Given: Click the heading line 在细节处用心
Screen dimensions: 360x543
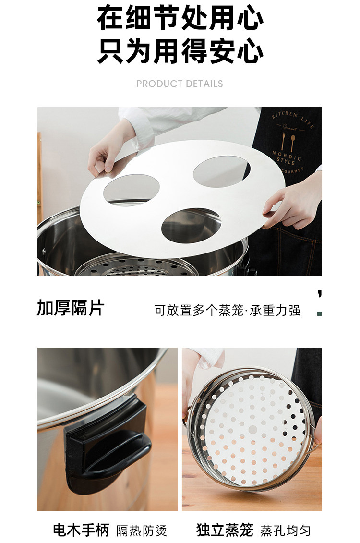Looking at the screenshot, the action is [180, 18].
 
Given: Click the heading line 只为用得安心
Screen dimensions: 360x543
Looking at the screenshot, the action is [180, 51].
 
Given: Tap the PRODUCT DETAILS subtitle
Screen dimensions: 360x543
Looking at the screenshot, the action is [180, 84].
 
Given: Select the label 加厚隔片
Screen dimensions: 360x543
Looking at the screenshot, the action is [71, 308].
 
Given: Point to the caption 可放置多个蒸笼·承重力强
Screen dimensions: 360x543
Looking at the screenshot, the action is [228, 310].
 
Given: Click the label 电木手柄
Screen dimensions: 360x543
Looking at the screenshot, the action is [81, 530].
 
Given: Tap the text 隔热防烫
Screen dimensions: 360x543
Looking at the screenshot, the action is [142, 531].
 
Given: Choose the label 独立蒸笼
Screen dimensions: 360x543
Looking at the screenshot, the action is [225, 530].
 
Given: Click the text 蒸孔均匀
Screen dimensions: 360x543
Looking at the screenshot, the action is [286, 531].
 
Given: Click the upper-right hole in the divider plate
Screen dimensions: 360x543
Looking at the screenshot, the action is [222, 171].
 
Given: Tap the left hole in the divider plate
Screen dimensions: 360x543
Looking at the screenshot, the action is [131, 190].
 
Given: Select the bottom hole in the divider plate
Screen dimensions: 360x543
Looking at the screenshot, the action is [191, 226].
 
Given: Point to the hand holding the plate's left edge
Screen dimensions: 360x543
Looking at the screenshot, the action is [108, 152].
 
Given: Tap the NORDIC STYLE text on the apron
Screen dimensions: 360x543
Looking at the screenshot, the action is [287, 157].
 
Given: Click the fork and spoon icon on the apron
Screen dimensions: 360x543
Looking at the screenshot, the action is [288, 141].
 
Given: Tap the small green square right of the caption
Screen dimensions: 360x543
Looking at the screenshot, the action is [320, 314].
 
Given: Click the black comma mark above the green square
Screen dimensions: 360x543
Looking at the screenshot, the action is [320, 294].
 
